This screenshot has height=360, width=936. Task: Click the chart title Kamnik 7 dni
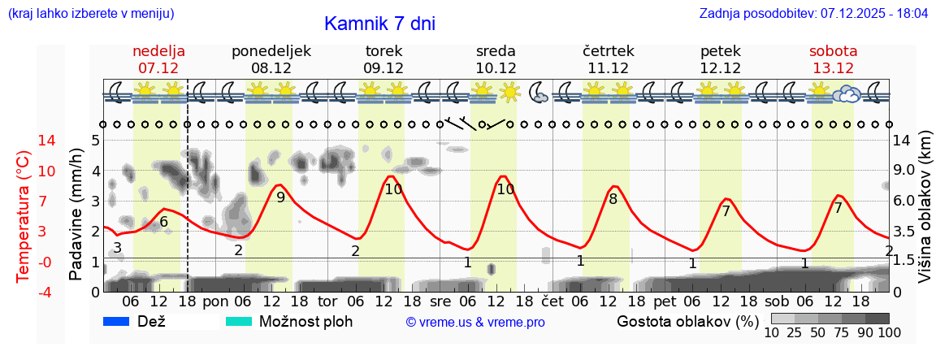(x=379, y=24)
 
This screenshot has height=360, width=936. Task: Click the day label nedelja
(x=159, y=51)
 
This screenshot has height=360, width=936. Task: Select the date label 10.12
(x=496, y=68)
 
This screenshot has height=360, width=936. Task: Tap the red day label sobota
(x=833, y=51)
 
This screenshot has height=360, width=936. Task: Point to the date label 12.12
(x=721, y=68)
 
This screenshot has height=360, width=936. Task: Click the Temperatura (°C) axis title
(x=23, y=216)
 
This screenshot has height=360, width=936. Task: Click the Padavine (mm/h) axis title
(x=76, y=216)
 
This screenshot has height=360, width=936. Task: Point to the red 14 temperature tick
(x=24, y=141)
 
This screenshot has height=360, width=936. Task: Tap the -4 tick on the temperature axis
(x=24, y=292)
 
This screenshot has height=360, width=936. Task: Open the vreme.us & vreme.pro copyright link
(x=475, y=323)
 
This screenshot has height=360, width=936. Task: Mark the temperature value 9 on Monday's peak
(x=280, y=197)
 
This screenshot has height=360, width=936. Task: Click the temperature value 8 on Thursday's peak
(x=613, y=198)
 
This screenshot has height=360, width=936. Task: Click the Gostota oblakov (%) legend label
(x=687, y=321)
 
